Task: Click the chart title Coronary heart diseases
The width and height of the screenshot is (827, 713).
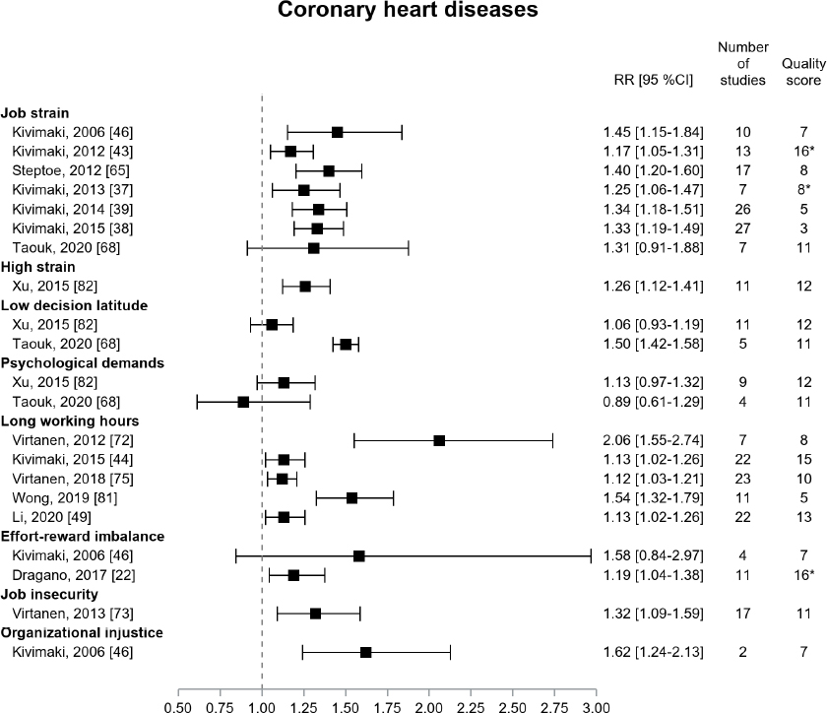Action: click(413, 13)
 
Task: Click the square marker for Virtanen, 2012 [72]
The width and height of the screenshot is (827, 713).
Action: click(439, 440)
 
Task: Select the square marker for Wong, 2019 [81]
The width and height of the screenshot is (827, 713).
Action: click(351, 498)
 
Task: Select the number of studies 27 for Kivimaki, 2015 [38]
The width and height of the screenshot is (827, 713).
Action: click(742, 228)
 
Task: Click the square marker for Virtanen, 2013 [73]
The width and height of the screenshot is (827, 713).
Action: click(316, 614)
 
